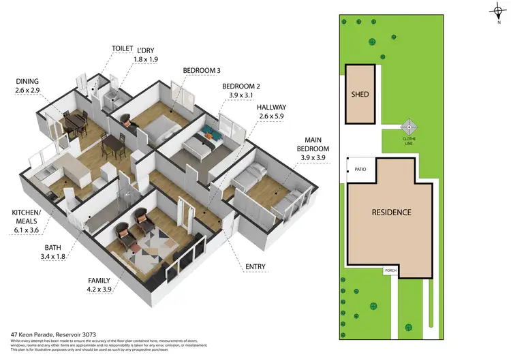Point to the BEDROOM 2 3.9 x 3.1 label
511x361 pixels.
click(x=241, y=91)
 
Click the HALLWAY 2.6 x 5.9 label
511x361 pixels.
click(x=271, y=112)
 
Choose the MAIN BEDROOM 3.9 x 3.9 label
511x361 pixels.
click(x=313, y=153)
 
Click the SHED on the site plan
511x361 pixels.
click(x=360, y=94)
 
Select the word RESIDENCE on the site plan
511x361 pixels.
click(x=391, y=212)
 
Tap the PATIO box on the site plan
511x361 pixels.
click(x=359, y=170)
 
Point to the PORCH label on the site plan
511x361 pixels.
click(x=390, y=270)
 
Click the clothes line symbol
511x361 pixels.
click(x=409, y=127)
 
